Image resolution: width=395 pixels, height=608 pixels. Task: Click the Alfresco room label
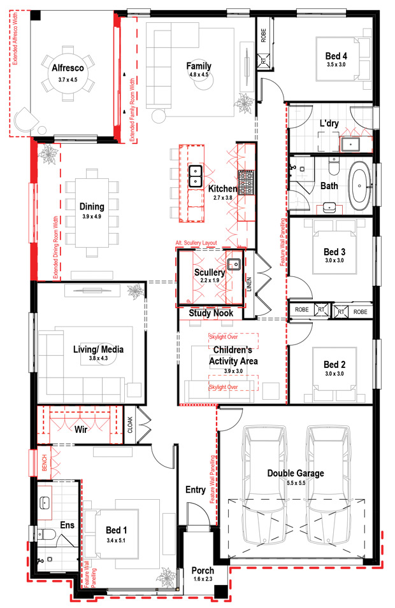click(68, 68)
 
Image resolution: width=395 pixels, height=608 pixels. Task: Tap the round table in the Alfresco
click(68, 74)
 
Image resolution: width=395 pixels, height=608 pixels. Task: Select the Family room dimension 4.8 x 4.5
click(199, 74)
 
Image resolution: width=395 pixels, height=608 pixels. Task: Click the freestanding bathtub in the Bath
click(359, 186)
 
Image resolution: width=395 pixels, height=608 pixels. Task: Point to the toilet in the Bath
click(333, 165)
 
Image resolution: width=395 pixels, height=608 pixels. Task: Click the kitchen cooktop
click(246, 182)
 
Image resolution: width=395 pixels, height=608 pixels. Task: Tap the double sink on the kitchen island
click(195, 176)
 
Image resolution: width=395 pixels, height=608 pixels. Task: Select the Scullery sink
click(234, 264)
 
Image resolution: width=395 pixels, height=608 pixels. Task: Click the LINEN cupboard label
click(249, 284)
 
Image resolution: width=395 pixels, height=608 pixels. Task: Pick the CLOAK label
click(130, 425)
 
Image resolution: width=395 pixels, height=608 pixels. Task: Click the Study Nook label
click(211, 313)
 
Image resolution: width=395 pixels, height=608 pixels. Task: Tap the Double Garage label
click(296, 474)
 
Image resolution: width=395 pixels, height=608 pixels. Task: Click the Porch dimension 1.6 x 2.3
click(203, 579)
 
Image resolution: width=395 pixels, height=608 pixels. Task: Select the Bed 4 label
click(336, 56)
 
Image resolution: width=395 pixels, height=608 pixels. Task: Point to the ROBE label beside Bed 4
click(264, 35)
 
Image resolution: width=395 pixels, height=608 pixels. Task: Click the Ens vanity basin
click(45, 502)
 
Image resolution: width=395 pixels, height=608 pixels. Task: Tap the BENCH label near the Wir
click(44, 463)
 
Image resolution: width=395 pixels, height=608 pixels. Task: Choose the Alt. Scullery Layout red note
click(196, 243)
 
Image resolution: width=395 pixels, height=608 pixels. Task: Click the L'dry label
click(329, 124)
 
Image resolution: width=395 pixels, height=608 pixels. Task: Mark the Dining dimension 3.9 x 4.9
click(92, 216)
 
